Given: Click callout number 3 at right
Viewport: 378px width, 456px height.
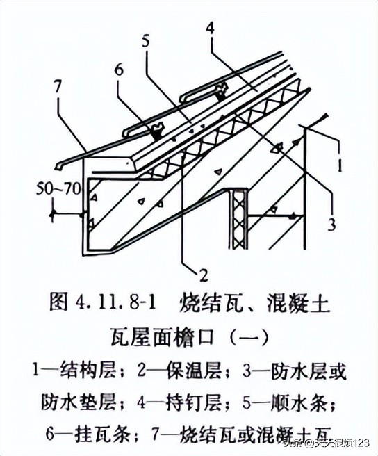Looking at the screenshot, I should click(331, 224).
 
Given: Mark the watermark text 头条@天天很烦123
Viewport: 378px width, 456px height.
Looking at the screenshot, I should click(324, 443).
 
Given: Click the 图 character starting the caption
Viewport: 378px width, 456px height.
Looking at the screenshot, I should click(58, 304).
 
